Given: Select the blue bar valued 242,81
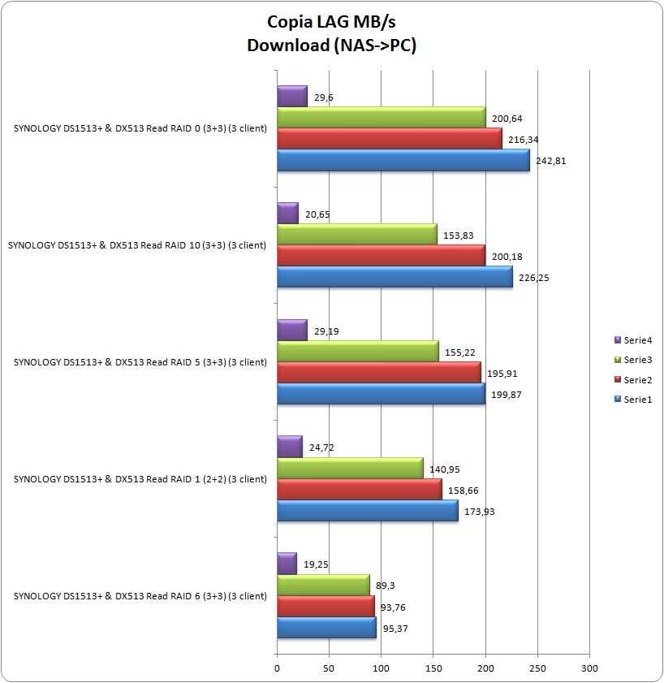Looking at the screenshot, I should tap(403, 161).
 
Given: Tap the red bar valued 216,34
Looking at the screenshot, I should tap(390, 140).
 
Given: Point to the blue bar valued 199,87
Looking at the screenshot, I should tap(381, 395).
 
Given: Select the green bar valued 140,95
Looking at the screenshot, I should tap(350, 469).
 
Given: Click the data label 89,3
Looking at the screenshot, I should tap(385, 586).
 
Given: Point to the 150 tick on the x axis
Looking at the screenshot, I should tap(433, 668).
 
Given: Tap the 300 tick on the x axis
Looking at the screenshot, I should tap(589, 668).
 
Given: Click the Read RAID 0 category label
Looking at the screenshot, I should tap(140, 128).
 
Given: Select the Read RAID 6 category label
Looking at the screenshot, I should tap(140, 596).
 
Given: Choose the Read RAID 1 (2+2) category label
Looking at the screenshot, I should tap(140, 479).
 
